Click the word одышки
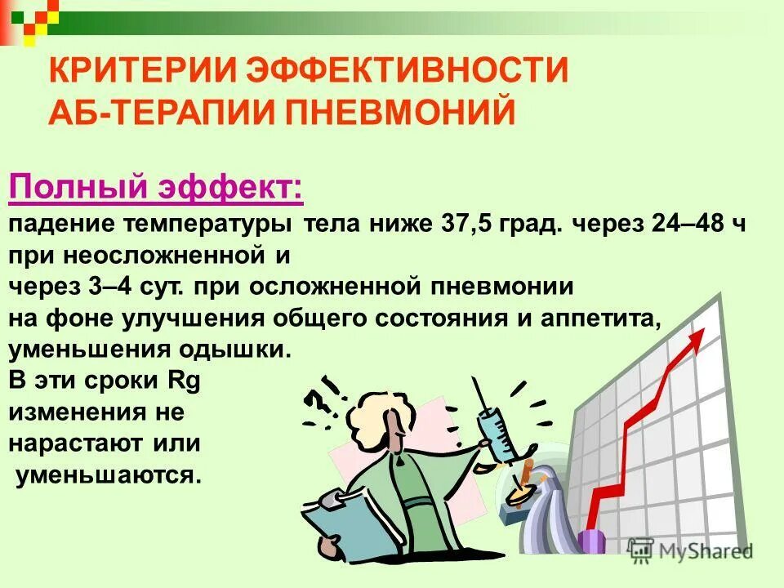click(238, 350)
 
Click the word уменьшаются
click(108, 475)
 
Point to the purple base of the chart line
click(592, 538)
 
